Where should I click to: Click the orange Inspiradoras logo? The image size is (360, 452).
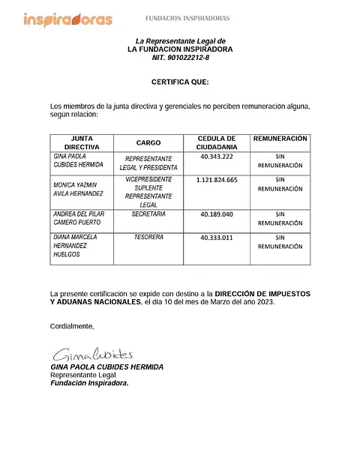(67, 19)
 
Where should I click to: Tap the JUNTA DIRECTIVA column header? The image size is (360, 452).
(82, 143)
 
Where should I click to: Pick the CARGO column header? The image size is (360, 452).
(148, 142)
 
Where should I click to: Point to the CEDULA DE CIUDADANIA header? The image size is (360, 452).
(217, 143)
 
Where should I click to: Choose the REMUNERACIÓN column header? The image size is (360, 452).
(280, 139)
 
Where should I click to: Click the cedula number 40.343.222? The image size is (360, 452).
(217, 157)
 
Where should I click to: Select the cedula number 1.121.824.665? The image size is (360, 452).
(217, 180)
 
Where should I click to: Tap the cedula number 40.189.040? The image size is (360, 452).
(217, 214)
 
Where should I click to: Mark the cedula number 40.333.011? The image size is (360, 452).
(217, 238)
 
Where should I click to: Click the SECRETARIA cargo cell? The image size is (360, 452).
(148, 214)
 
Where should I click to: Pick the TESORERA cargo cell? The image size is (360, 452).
(148, 238)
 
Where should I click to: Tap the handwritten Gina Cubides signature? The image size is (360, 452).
(92, 354)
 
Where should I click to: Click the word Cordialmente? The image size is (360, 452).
(72, 326)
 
